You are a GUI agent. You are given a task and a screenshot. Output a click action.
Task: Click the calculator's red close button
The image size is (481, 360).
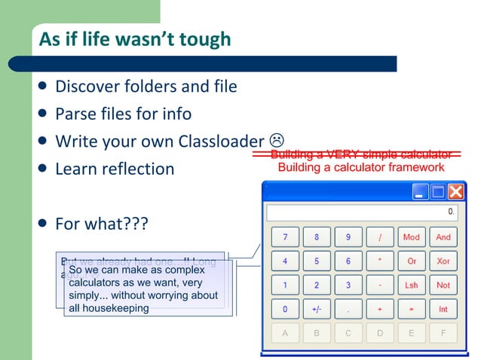456,191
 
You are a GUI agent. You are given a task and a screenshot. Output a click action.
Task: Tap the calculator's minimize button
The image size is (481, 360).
421,191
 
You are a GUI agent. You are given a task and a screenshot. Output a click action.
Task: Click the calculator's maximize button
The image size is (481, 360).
438,191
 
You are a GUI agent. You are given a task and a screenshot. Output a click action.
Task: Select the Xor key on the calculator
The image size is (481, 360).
443,261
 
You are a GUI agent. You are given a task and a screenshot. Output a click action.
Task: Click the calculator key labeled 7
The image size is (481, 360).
285,237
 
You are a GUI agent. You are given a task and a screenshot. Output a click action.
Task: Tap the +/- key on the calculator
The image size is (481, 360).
317,309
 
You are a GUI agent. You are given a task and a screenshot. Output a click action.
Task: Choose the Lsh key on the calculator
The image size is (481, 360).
412,285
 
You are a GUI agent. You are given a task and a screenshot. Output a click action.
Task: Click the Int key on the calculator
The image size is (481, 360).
443,309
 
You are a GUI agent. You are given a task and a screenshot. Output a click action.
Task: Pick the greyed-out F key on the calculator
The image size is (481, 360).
443,332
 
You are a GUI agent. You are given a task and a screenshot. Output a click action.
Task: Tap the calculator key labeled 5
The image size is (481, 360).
317,261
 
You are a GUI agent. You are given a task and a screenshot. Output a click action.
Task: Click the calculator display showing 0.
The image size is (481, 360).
362,212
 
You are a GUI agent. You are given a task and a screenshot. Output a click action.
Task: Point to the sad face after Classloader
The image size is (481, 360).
277,140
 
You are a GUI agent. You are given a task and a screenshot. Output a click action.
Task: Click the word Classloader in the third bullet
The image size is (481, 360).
222,142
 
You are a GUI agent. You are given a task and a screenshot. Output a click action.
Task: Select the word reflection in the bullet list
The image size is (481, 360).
139,169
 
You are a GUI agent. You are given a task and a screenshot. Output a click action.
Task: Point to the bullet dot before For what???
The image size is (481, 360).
44,224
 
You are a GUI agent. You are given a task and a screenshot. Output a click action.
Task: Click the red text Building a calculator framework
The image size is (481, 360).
361,167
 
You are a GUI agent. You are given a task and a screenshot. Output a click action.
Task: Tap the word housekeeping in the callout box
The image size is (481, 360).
116,308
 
